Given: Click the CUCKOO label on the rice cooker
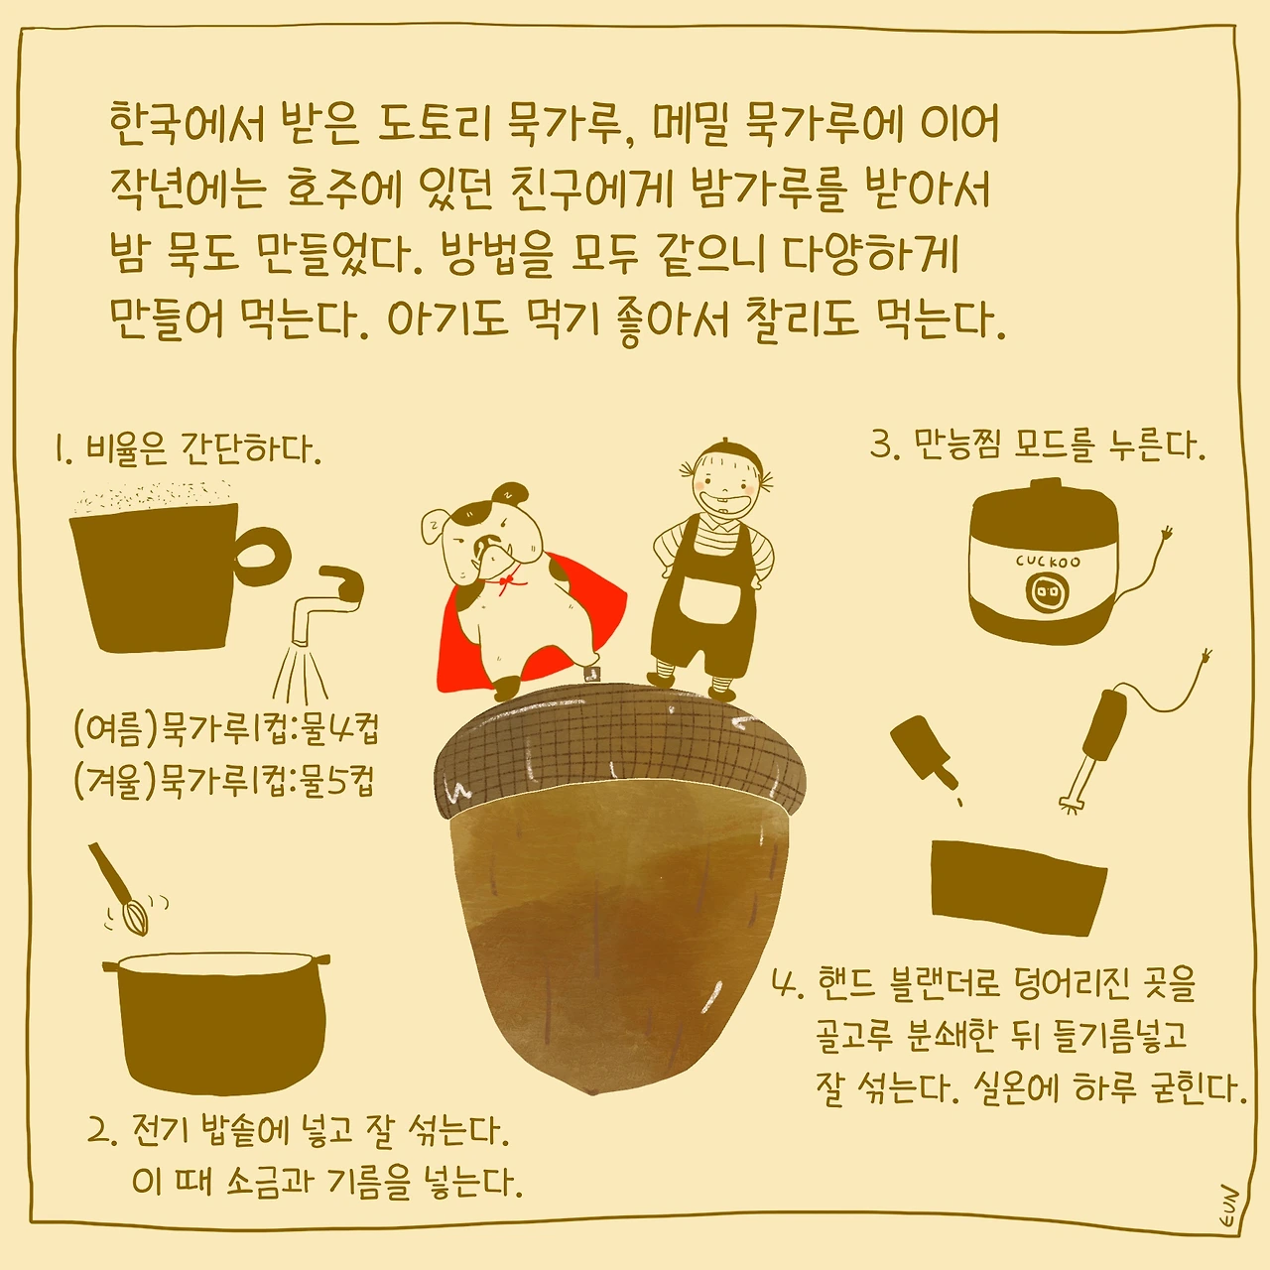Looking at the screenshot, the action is coord(1048,561).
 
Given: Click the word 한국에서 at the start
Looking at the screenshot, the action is coord(187,123).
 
